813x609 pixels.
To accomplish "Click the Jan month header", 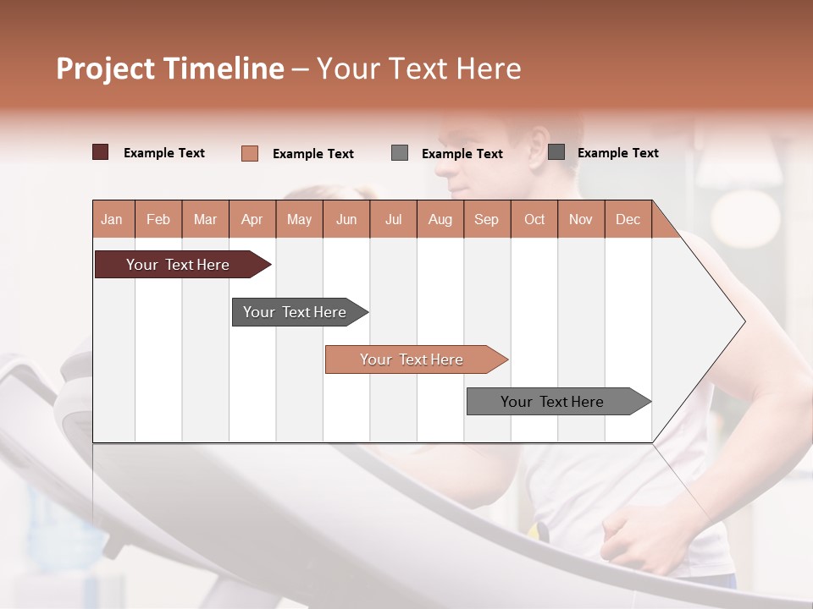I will [x=113, y=219].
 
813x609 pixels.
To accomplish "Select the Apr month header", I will [x=252, y=219].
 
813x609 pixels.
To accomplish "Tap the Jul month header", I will [x=393, y=219].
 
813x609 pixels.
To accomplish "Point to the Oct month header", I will [x=534, y=219].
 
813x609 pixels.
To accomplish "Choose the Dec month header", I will [x=628, y=219].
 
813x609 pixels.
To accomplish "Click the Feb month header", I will [x=158, y=219].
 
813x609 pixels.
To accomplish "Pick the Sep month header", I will [x=486, y=219].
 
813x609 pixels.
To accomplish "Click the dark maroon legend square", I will [x=101, y=152].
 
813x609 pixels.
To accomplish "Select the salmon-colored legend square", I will [x=250, y=153].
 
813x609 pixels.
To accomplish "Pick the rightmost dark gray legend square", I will [x=556, y=152].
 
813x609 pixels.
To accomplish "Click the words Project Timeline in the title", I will [x=169, y=69].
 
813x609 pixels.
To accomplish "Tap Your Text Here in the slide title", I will [x=418, y=69].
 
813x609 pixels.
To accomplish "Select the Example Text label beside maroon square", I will [x=164, y=153].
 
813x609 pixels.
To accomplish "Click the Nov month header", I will [x=580, y=219].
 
